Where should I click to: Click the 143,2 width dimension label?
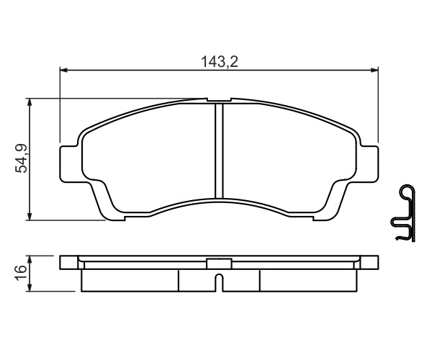(x=220, y=62)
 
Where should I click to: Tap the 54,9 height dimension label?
(x=22, y=158)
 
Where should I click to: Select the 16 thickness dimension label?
(x=21, y=273)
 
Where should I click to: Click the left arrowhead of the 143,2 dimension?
(x=63, y=71)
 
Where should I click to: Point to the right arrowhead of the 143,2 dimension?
(x=374, y=71)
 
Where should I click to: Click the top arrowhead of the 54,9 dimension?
(x=30, y=102)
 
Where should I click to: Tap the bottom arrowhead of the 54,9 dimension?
(x=30, y=216)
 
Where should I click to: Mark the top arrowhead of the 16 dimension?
(x=30, y=259)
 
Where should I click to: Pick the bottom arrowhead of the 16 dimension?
(x=30, y=287)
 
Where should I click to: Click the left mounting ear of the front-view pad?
(x=68, y=164)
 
